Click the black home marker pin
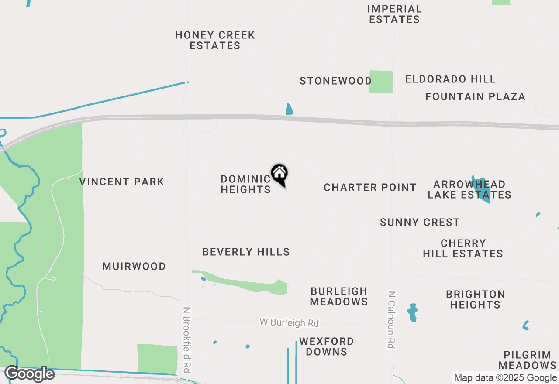coord(279,174)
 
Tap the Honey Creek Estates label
coord(215,40)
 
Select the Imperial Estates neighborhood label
coord(394,14)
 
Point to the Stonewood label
coord(335,81)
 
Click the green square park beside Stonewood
coord(381,82)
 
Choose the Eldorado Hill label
coord(450,79)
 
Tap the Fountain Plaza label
coord(475,96)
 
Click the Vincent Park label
coord(122,182)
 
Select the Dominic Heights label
coord(245,184)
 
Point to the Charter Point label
coord(370,187)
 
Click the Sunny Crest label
coord(420,222)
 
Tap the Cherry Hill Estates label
coord(463,248)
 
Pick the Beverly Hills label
coord(246,252)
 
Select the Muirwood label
coord(134,266)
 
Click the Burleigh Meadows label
coord(339,296)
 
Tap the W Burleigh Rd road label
coord(289,322)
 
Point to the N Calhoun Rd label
coord(391,319)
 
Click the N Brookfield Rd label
coord(187,339)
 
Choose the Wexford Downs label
coord(326,346)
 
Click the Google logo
coord(29,374)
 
